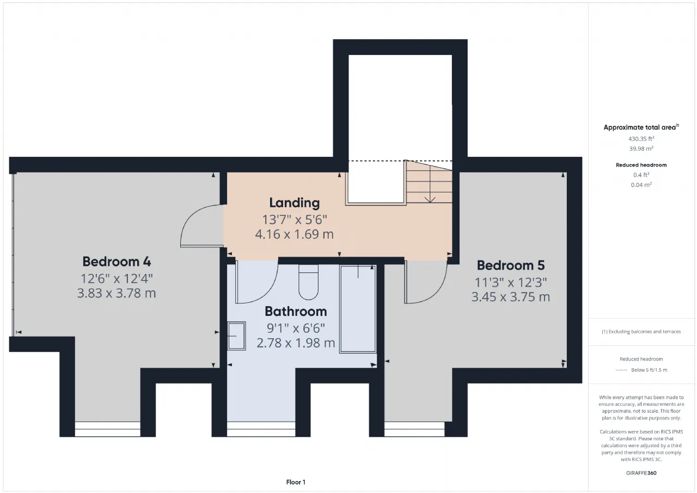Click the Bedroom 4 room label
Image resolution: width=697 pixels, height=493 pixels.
[x=117, y=261]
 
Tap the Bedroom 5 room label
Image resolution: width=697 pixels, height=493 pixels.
[x=511, y=265]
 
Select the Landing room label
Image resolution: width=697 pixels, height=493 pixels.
[x=295, y=203]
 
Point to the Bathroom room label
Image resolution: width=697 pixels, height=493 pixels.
[x=296, y=311]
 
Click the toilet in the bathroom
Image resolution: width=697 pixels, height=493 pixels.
[x=308, y=282]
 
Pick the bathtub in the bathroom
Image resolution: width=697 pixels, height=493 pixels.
[x=358, y=309]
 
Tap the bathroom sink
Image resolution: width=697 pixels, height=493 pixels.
[x=236, y=336]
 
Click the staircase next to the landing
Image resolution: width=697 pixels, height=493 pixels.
[x=429, y=182]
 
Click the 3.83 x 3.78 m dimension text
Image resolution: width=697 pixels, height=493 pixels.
[x=117, y=293]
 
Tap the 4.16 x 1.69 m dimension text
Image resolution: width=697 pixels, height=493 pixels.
[x=295, y=234]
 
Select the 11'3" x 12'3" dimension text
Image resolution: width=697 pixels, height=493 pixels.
[x=511, y=283]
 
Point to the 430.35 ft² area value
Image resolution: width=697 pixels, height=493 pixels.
[x=641, y=139]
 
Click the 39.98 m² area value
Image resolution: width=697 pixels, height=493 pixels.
[x=641, y=149]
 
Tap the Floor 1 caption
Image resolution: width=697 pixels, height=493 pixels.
[x=296, y=482]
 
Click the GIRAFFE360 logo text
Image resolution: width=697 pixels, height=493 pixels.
[x=641, y=473]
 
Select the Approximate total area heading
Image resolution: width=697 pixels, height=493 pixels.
[x=641, y=127]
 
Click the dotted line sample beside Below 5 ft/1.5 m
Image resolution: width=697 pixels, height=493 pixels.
[x=622, y=370]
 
